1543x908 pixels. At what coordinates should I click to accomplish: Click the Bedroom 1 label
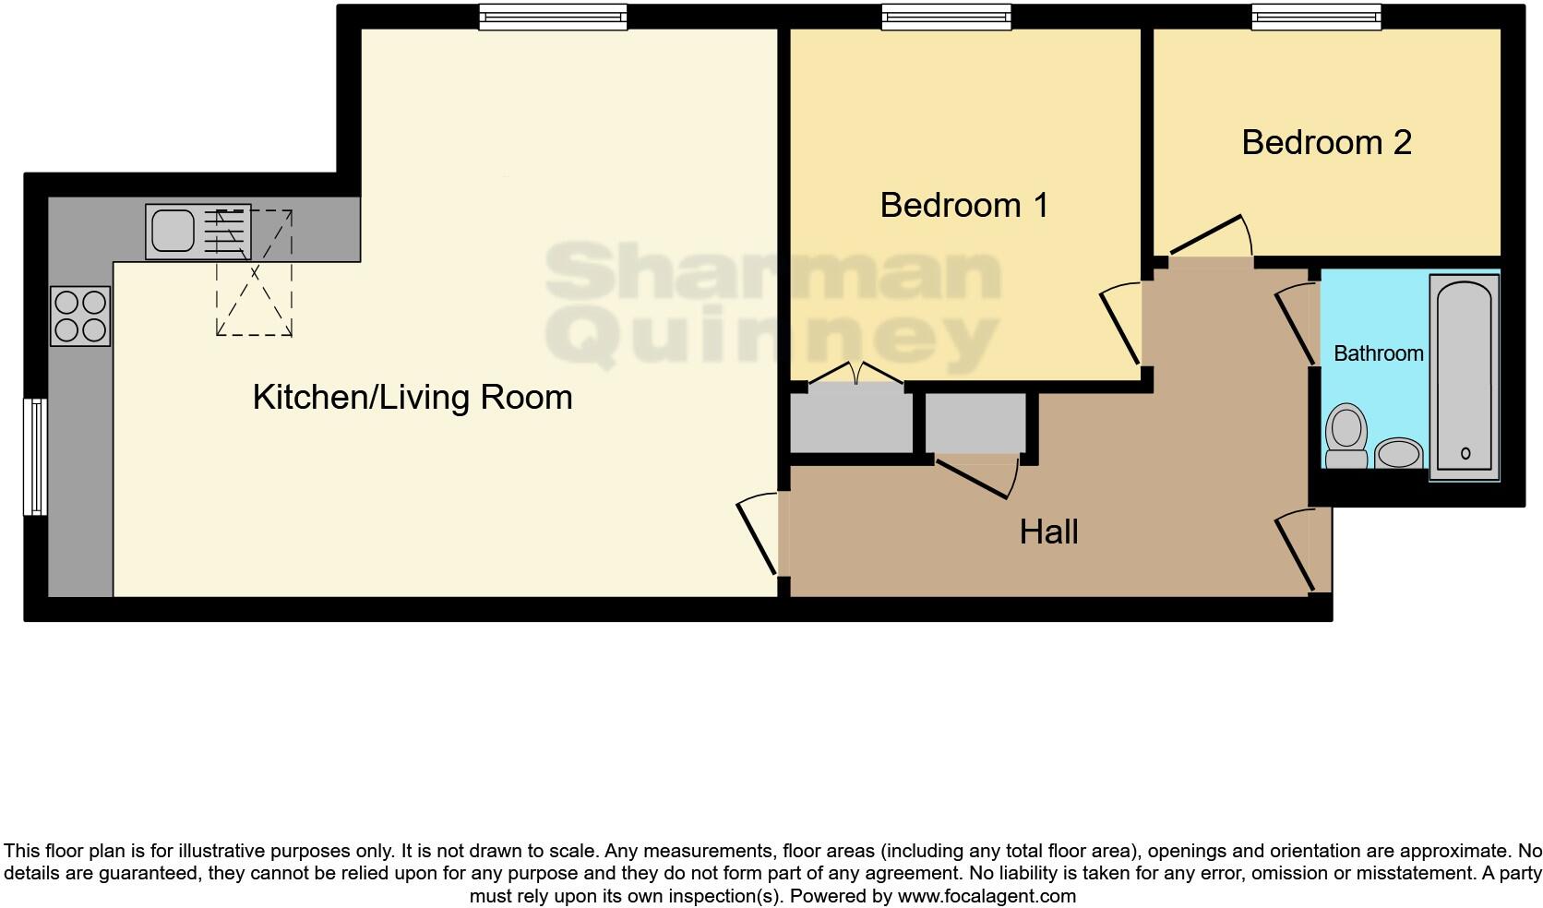tap(963, 205)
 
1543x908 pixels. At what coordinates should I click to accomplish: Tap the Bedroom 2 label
tap(1326, 142)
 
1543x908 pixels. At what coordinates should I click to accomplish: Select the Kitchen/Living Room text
tap(413, 398)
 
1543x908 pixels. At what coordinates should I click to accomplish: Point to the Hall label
tap(1048, 532)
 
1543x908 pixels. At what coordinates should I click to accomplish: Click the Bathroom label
tap(1378, 353)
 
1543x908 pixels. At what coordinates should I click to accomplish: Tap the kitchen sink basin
tap(173, 231)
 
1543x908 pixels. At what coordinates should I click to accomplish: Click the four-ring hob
tap(80, 316)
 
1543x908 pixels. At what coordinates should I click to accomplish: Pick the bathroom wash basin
tap(1399, 455)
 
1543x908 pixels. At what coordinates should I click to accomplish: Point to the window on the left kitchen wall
tap(35, 456)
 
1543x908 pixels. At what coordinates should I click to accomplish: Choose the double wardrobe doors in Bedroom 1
tap(856, 375)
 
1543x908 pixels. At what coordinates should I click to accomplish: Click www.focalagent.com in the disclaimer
tap(987, 896)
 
